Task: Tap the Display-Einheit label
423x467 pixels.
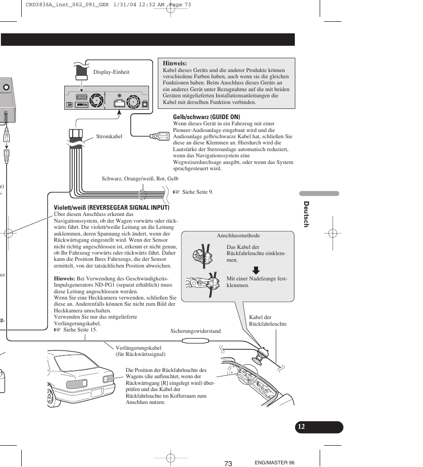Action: [x=111, y=72]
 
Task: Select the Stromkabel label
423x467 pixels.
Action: [x=109, y=136]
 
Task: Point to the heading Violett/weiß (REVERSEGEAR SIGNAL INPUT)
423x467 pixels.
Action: [x=112, y=208]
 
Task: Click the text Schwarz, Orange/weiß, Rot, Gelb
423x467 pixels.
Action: [x=140, y=179]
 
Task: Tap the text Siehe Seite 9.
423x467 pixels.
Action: [x=197, y=192]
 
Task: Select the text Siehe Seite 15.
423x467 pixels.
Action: [x=80, y=330]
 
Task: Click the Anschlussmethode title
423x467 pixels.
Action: [x=238, y=235]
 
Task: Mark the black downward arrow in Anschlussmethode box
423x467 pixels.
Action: [x=256, y=270]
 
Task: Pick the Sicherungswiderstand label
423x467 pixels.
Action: [x=196, y=331]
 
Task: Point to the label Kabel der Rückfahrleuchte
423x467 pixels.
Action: [x=268, y=320]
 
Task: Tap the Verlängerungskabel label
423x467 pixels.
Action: [x=138, y=351]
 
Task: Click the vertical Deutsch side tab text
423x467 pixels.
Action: [x=305, y=214]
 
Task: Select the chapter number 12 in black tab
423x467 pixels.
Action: [x=302, y=427]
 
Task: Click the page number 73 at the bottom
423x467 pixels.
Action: [x=228, y=463]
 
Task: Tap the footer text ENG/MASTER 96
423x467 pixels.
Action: [x=274, y=463]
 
